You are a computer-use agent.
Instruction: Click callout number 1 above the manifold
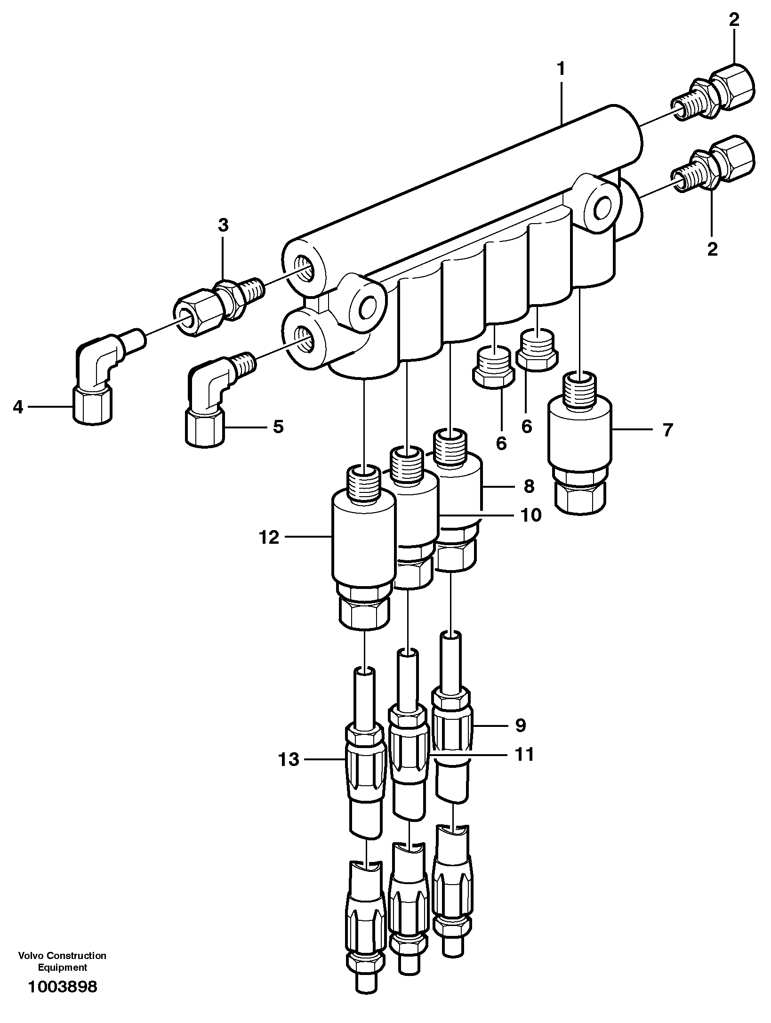[x=561, y=69]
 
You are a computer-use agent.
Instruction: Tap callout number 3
[x=223, y=226]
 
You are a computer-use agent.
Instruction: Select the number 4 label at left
[x=18, y=406]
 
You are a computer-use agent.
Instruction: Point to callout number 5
[x=278, y=427]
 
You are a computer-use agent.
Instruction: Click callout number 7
[x=668, y=430]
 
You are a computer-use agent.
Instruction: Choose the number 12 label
[x=269, y=537]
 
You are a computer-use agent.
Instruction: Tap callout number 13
[x=289, y=759]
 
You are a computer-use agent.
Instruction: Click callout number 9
[x=520, y=725]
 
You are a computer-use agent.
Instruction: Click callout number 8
[x=529, y=486]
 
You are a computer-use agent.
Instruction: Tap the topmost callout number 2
[x=734, y=20]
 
